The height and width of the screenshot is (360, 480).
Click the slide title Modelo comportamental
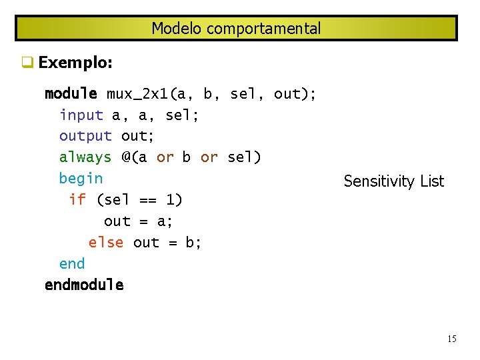pyautogui.click(x=236, y=29)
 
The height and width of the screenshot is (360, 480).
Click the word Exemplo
pyautogui.click(x=75, y=63)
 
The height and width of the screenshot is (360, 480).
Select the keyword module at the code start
pyautogui.click(x=71, y=94)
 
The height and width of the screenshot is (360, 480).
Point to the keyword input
pyautogui.click(x=81, y=115)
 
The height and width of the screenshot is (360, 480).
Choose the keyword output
pyautogui.click(x=85, y=136)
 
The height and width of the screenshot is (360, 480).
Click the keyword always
pyautogui.click(x=85, y=157)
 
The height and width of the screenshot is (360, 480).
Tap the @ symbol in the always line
pyautogui.click(x=126, y=157)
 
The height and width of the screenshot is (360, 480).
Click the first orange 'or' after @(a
pyautogui.click(x=165, y=157)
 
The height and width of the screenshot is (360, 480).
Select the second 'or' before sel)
pyautogui.click(x=209, y=157)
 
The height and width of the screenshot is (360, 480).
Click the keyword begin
pyautogui.click(x=81, y=179)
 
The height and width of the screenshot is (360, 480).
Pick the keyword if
pyautogui.click(x=77, y=199)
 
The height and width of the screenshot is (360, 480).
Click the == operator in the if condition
pyautogui.click(x=147, y=199)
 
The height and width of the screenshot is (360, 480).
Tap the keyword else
pyautogui.click(x=106, y=242)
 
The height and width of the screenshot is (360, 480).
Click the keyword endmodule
pyautogui.click(x=84, y=285)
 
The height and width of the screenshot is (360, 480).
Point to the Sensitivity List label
pyautogui.click(x=393, y=181)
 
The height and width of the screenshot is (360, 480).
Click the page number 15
pyautogui.click(x=451, y=339)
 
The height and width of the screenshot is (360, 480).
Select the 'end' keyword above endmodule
pyautogui.click(x=72, y=263)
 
